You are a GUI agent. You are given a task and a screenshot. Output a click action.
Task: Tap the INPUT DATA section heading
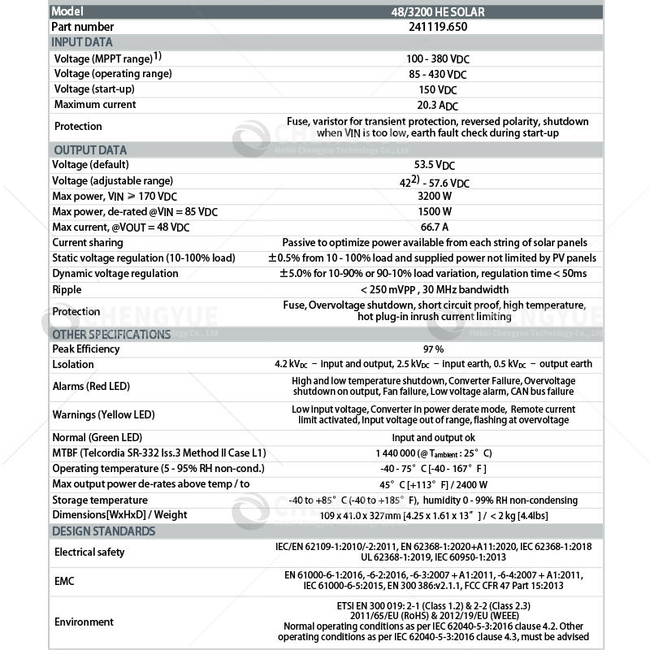click(x=82, y=42)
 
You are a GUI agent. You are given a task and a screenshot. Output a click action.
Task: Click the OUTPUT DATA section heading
click(x=89, y=150)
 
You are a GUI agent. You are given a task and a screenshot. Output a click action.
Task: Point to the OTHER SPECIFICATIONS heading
click(x=111, y=334)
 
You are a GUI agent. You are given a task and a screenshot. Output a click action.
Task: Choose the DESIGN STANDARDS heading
click(x=103, y=531)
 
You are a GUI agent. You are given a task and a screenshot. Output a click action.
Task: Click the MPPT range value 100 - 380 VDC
click(x=437, y=59)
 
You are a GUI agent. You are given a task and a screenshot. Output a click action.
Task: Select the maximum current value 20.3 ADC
click(x=437, y=105)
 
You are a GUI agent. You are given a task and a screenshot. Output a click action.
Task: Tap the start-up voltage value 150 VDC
click(x=437, y=89)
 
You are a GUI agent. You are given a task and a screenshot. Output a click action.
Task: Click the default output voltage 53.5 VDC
click(x=437, y=165)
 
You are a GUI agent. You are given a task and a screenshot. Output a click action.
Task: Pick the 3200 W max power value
click(x=437, y=196)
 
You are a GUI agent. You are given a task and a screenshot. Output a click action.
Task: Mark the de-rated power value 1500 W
click(x=437, y=211)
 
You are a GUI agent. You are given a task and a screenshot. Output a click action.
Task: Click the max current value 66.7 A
click(x=437, y=227)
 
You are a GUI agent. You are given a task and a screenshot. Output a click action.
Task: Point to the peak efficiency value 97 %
click(x=437, y=349)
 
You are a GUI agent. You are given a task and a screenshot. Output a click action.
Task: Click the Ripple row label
click(x=67, y=289)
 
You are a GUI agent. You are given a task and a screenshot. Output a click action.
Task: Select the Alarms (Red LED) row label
click(x=91, y=386)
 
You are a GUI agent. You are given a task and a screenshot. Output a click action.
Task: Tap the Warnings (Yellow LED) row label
click(x=103, y=414)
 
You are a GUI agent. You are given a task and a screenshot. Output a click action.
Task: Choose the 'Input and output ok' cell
click(x=437, y=437)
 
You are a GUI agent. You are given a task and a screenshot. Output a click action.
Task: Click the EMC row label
click(x=66, y=581)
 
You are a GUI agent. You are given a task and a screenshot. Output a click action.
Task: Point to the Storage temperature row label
click(x=100, y=500)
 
